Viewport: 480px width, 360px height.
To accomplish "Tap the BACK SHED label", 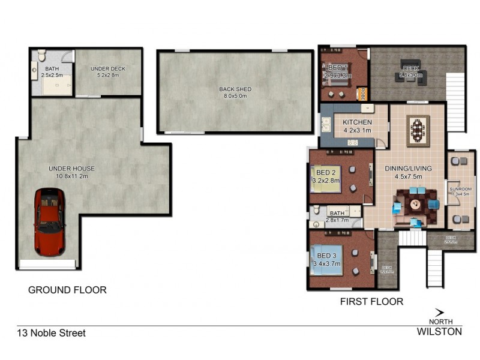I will click(x=235, y=89).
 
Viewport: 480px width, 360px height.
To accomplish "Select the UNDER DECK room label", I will click(x=109, y=69).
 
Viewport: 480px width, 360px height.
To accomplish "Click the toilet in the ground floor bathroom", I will click(x=41, y=56).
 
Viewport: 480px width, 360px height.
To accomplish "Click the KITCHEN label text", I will click(x=357, y=122).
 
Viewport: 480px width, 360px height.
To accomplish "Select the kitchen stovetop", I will click(x=353, y=142).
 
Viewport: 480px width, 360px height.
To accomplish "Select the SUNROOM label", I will click(x=461, y=190).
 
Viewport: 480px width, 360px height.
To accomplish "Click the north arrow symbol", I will click(x=439, y=312).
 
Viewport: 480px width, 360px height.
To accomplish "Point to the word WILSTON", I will click(x=439, y=331).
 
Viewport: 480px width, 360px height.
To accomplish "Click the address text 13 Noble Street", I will click(x=51, y=333).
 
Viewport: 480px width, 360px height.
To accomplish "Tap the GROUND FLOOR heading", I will click(x=67, y=290).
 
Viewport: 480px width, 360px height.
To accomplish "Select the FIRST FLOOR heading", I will click(x=371, y=301).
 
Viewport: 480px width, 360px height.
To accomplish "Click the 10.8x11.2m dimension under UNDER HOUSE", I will click(x=71, y=176).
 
